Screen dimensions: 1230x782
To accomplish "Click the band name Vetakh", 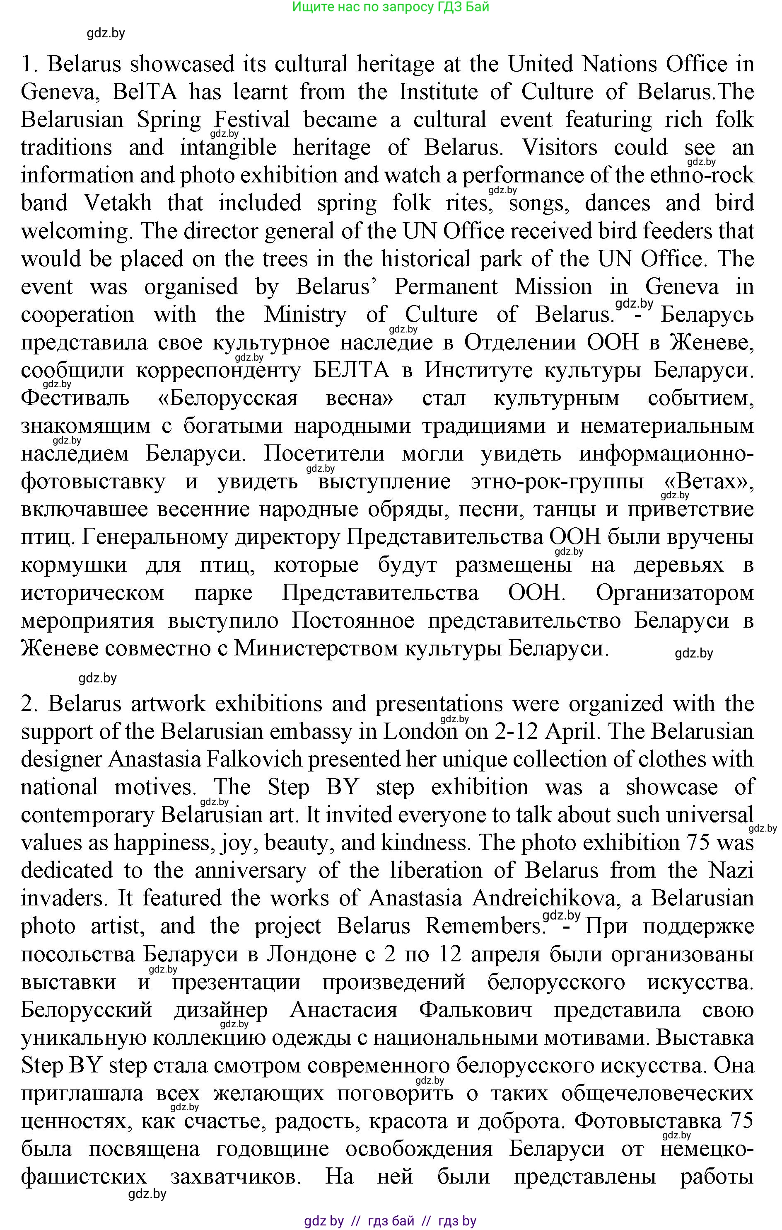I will pos(118,203).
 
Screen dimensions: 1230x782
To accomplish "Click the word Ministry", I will pos(305,314).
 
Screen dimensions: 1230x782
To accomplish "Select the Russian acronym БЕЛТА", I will pos(351,370).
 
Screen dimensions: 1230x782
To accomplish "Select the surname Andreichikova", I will pos(546,898).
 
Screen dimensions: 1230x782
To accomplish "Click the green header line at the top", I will pos(391,7).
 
